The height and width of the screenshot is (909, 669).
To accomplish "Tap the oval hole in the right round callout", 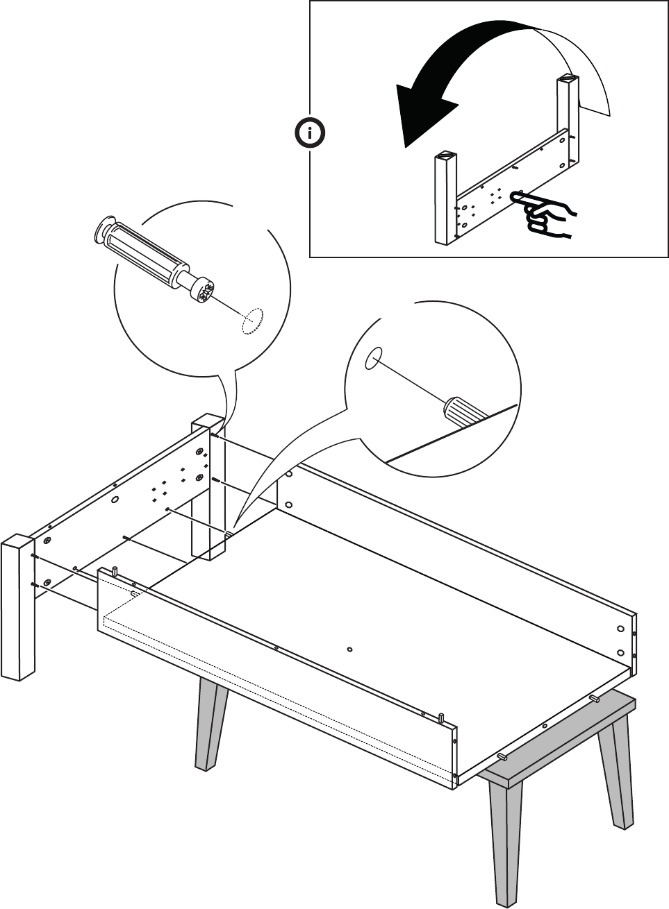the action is click(x=373, y=358).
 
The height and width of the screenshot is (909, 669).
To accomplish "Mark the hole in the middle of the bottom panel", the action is click(x=349, y=649).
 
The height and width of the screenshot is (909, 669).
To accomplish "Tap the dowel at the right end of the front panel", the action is click(x=441, y=716).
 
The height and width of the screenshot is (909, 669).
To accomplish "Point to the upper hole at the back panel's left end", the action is click(x=289, y=475).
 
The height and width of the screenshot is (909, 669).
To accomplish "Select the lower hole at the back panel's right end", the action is click(x=620, y=652).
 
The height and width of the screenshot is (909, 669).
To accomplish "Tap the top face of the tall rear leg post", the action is click(x=206, y=421).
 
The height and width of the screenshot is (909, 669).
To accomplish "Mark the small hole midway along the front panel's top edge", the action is click(x=276, y=647).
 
